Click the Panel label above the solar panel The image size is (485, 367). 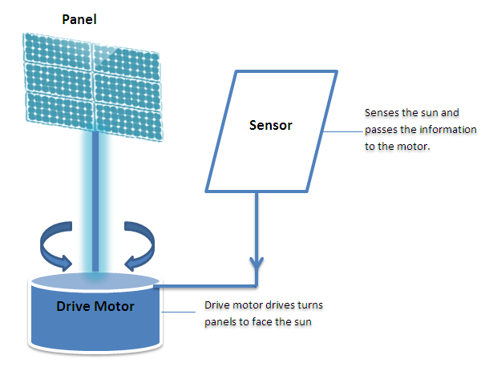(x=79, y=18)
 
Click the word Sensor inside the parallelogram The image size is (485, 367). (x=271, y=126)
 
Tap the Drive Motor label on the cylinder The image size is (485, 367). (x=95, y=307)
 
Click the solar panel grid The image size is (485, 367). (x=93, y=89)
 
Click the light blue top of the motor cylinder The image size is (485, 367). (x=95, y=280)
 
